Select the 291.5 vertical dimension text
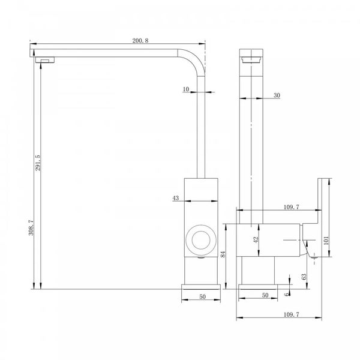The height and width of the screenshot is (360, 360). pyautogui.click(x=38, y=162)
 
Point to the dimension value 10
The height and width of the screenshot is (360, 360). pyautogui.click(x=187, y=89)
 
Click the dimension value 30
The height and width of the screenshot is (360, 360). pyautogui.click(x=277, y=95)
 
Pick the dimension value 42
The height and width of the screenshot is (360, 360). pyautogui.click(x=255, y=239)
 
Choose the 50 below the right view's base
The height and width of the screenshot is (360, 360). pyautogui.click(x=264, y=296)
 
